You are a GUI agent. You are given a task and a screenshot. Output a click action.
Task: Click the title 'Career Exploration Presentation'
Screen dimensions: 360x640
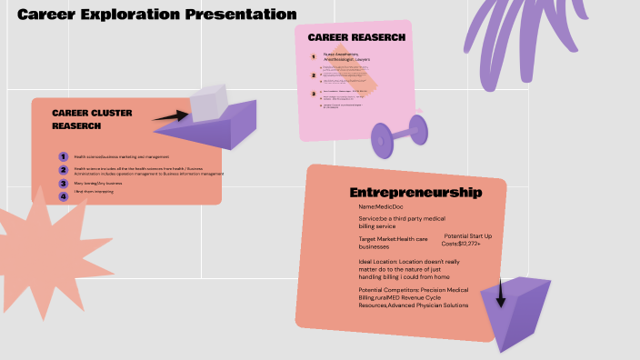point(157,15)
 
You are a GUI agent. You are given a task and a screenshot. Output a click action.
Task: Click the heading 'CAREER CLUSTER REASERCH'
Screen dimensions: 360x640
point(94,120)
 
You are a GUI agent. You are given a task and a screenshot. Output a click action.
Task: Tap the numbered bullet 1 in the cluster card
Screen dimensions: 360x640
point(64,157)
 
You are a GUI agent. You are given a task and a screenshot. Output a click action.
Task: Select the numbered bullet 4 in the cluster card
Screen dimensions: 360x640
point(64,195)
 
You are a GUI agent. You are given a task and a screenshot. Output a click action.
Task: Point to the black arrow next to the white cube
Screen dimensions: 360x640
point(168,116)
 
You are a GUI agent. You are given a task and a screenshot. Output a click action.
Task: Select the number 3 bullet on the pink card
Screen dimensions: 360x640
point(314,93)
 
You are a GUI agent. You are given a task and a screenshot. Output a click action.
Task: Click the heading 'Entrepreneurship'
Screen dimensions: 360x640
point(415,193)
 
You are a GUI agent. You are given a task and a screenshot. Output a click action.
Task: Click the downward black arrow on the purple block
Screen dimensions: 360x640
point(500,293)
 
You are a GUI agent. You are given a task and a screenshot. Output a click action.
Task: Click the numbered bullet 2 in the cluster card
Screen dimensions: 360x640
point(64,170)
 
